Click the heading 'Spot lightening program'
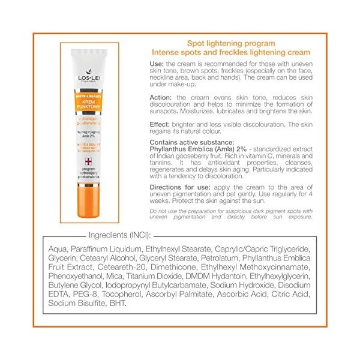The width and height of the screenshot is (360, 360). (223, 43)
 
